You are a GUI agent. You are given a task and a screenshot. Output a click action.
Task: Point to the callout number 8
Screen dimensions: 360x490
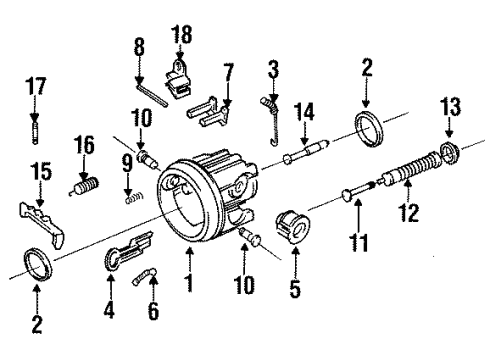click(x=140, y=46)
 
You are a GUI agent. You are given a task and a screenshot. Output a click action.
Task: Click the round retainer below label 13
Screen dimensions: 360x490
click(x=446, y=152)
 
